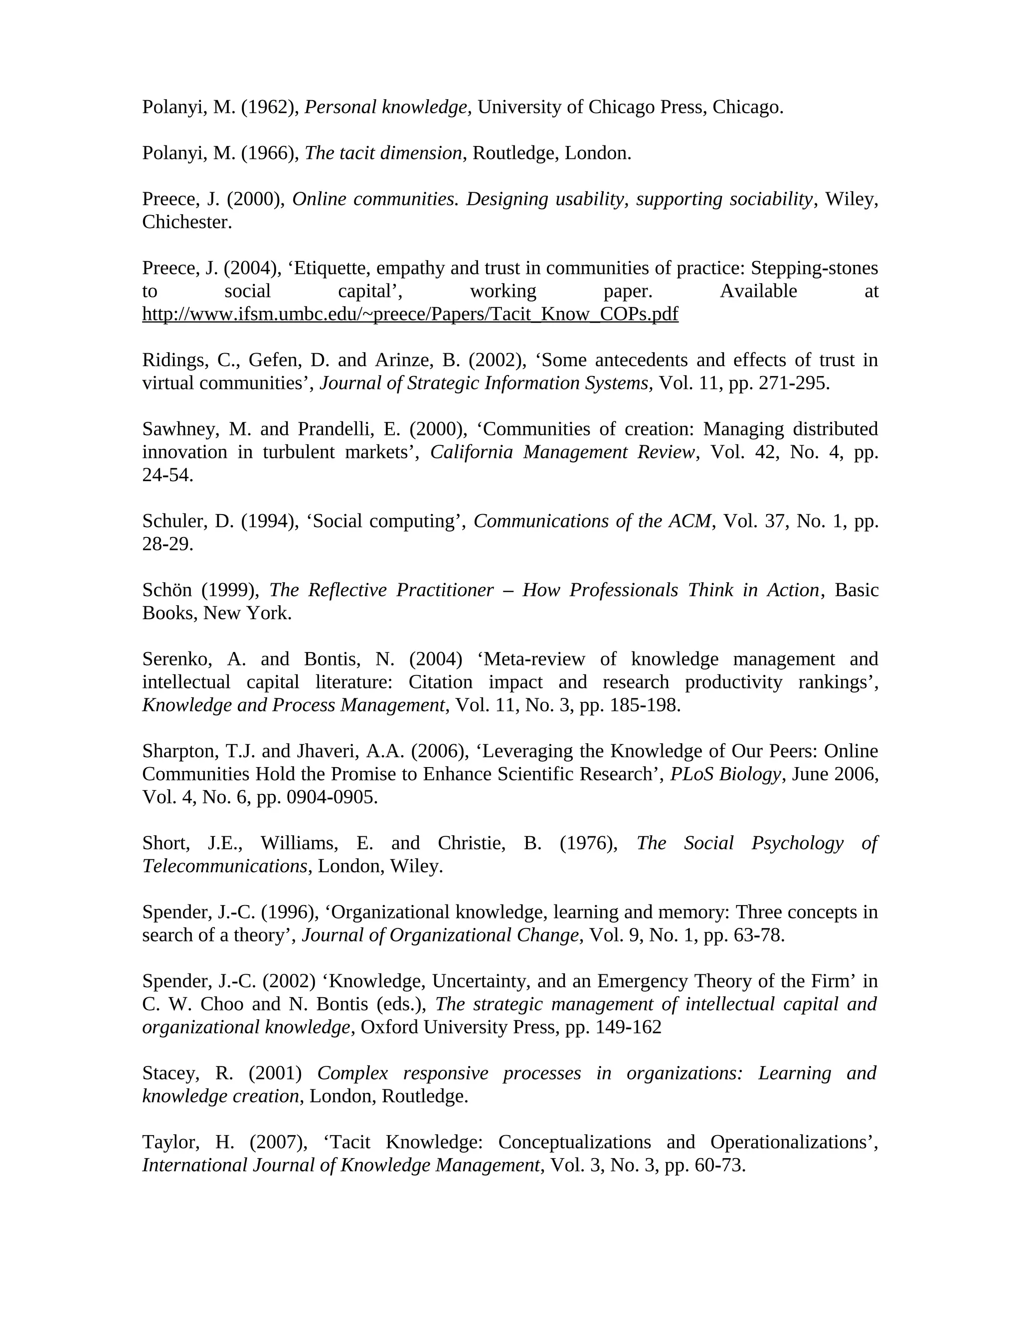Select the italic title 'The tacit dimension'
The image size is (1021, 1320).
(x=383, y=153)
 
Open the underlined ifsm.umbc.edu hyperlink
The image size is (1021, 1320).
(x=410, y=314)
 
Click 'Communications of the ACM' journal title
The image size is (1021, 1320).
(x=593, y=521)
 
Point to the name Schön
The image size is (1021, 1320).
(x=167, y=589)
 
